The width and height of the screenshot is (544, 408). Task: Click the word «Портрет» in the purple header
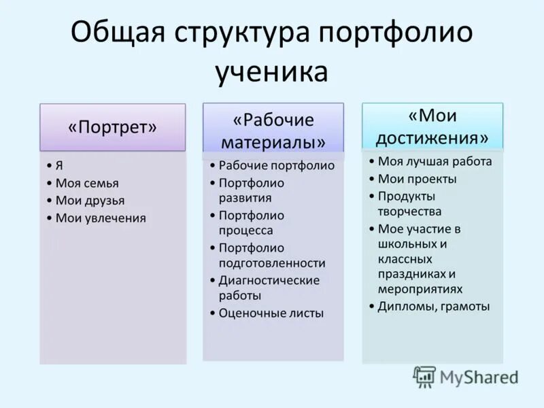tap(112, 127)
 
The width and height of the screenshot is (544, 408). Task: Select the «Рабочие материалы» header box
tap(273, 127)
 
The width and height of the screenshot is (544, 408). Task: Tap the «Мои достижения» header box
tap(432, 126)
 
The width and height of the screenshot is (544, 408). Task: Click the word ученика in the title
tap(272, 71)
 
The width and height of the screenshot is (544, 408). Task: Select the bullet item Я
tap(60, 165)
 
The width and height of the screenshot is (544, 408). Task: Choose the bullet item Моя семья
tap(86, 183)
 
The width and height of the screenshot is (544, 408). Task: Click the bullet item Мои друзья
tap(90, 201)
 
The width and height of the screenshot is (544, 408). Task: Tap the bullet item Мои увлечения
tap(100, 218)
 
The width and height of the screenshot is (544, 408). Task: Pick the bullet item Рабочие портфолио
tap(276, 165)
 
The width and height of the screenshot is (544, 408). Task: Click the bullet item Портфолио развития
tap(251, 190)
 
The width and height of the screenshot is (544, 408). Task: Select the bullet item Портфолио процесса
tap(251, 223)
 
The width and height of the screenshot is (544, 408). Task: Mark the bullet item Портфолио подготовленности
tap(271, 256)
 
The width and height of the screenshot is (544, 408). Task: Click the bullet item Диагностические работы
tap(269, 288)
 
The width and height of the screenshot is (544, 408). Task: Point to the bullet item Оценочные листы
tap(271, 313)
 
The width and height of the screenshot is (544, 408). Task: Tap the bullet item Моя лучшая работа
tap(435, 161)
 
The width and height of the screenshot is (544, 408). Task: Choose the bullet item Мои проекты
tap(417, 179)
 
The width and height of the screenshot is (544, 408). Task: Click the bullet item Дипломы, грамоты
tap(433, 307)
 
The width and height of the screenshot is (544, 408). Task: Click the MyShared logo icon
tap(424, 377)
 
